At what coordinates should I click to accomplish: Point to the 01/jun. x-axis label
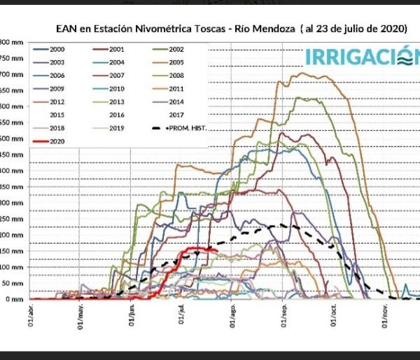tap(133, 319)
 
